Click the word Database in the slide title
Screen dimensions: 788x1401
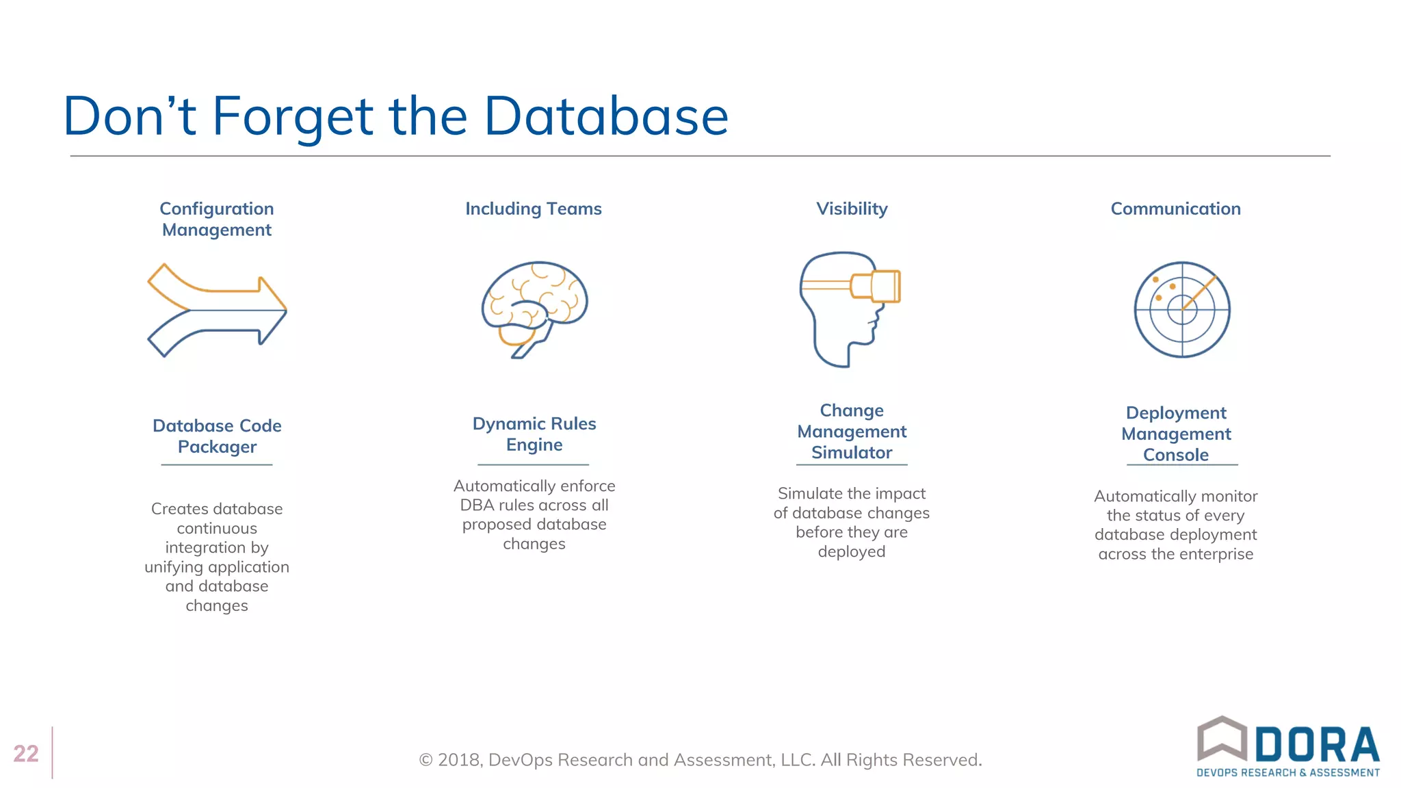click(x=605, y=116)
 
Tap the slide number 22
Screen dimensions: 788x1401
click(x=26, y=753)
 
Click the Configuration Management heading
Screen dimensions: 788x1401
click(x=217, y=219)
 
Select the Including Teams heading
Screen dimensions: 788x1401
click(x=534, y=209)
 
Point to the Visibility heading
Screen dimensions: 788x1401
click(x=852, y=209)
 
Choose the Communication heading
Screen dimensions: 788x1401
click(x=1175, y=209)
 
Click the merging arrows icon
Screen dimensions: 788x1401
click(x=217, y=310)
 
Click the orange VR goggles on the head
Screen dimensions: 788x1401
click(x=878, y=286)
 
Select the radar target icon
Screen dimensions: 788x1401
click(x=1182, y=309)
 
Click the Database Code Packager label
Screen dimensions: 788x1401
click(x=217, y=436)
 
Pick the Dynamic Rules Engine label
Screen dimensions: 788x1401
click(x=534, y=434)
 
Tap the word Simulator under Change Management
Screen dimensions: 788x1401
click(x=852, y=453)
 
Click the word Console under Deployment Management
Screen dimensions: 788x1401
click(x=1176, y=455)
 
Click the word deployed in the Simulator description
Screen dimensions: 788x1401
click(x=852, y=551)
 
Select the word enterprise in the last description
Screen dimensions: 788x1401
click(x=1215, y=554)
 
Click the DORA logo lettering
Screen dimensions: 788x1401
click(x=1316, y=745)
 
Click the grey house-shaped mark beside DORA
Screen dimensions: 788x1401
click(x=1222, y=738)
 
